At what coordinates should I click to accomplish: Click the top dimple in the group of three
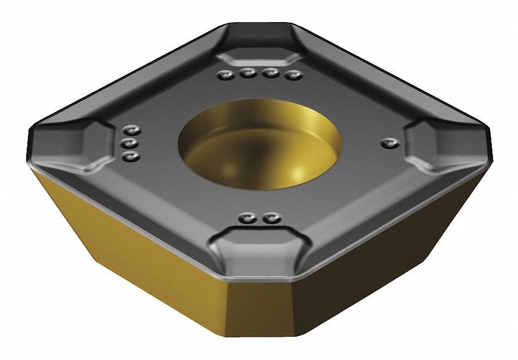[x=133, y=130]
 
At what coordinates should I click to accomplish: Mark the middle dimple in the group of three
[x=131, y=142]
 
